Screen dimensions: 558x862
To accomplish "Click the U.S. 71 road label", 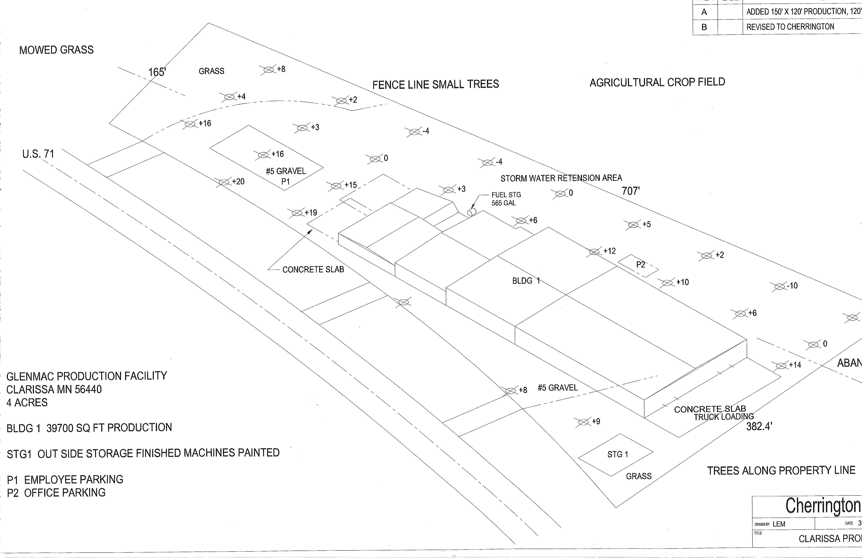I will point(38,154).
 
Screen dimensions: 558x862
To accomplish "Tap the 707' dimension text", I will point(631,191).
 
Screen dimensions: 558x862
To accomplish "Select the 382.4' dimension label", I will point(759,426).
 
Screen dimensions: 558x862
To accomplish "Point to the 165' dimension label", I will point(157,72).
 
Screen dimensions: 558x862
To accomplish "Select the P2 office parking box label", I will point(640,265).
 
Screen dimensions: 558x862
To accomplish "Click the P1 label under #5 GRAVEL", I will point(285,182).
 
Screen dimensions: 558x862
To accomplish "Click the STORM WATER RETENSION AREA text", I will point(561,178).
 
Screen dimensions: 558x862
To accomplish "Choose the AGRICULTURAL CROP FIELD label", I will point(657,82).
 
